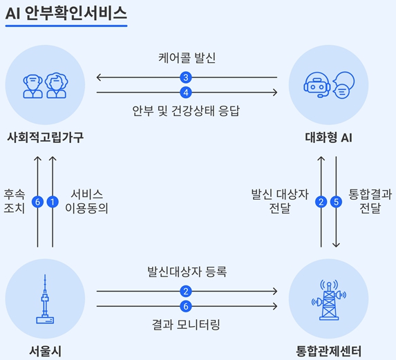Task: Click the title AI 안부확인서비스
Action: point(66,13)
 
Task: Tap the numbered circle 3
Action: point(186,77)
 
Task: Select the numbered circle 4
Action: point(186,93)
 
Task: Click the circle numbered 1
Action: point(53,202)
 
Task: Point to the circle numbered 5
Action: point(336,202)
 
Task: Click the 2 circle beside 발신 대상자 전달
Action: point(321,202)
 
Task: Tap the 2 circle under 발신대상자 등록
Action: point(186,292)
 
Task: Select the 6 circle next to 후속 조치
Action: point(37,202)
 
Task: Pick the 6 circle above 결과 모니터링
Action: point(186,306)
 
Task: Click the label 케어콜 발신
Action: point(187,58)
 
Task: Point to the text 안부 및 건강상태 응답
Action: point(186,111)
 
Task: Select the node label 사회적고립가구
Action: point(45,138)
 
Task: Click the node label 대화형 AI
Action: point(328,138)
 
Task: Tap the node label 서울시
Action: point(45,351)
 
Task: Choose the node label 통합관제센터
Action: point(328,351)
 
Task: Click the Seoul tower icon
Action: point(45,299)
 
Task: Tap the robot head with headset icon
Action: point(317,85)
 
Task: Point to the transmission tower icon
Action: point(329,300)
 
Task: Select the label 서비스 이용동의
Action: point(86,202)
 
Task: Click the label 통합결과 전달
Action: point(370,202)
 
